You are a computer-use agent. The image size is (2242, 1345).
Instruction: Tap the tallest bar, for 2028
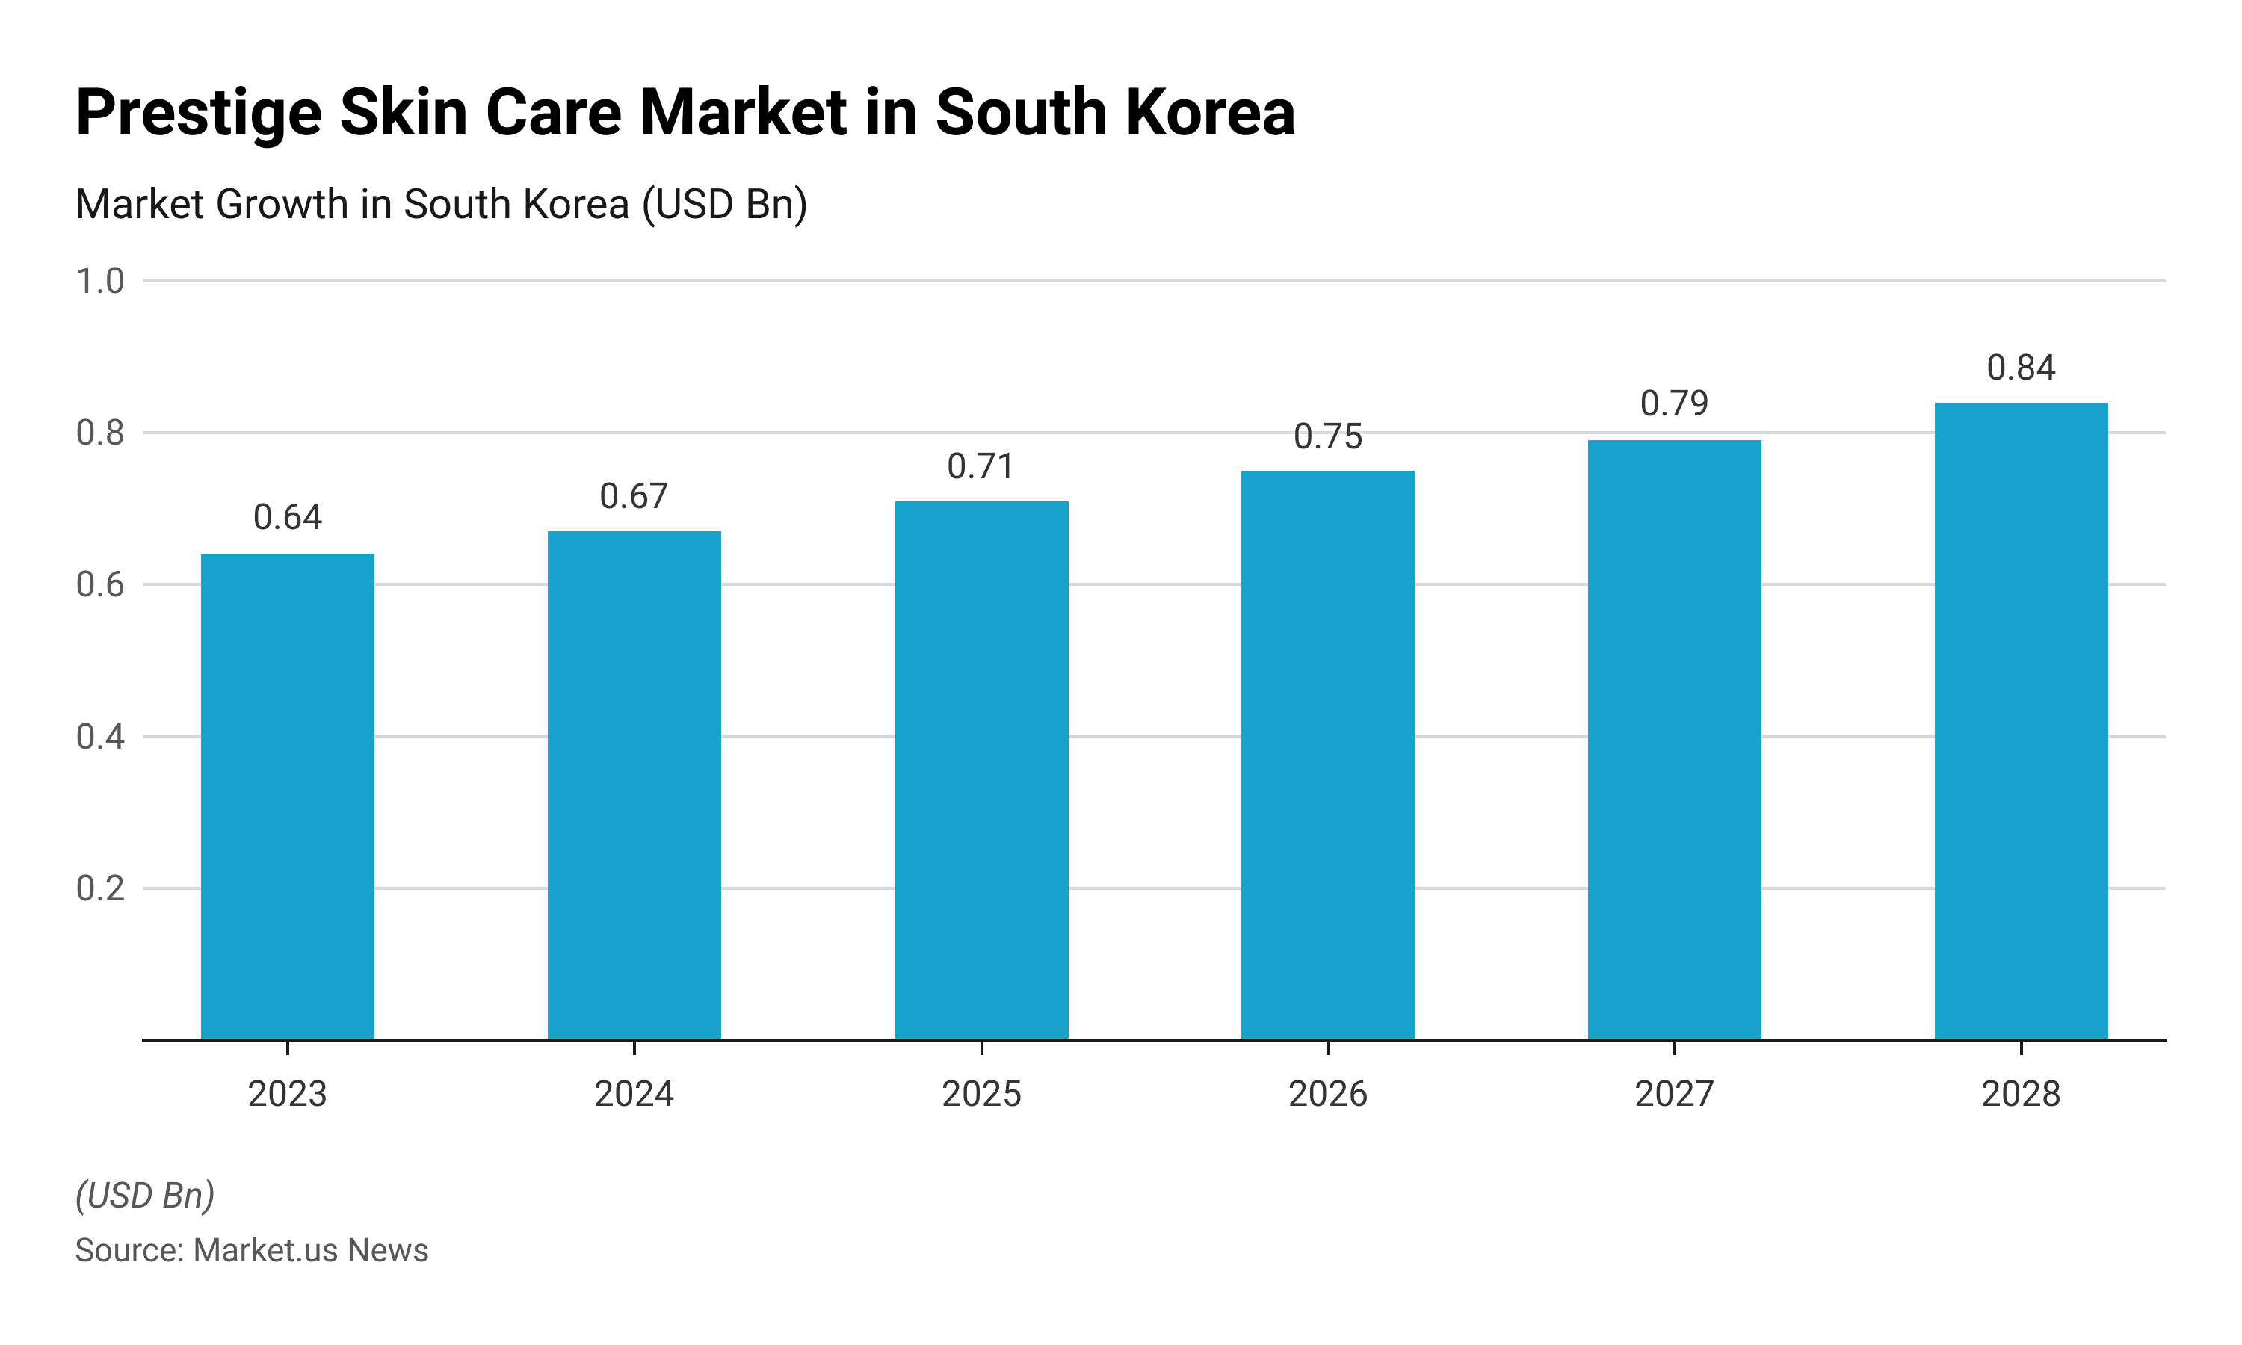(2021, 720)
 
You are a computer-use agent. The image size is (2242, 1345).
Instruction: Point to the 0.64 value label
(287, 518)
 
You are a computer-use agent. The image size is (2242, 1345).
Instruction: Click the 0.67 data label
(634, 497)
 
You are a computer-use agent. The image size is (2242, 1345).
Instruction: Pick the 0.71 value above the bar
(981, 467)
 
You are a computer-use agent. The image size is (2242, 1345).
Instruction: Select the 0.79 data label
(1674, 403)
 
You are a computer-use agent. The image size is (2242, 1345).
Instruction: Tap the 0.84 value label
(2021, 368)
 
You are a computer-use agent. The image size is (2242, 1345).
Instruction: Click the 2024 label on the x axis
(634, 1094)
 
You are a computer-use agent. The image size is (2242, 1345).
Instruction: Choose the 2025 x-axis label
(981, 1094)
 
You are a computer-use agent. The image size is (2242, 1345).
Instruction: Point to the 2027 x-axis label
(1674, 1094)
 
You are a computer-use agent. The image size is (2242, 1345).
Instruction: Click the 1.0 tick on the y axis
(99, 282)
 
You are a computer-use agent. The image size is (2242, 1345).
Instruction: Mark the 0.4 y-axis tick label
(99, 737)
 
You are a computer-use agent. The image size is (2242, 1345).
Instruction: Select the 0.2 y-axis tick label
(99, 889)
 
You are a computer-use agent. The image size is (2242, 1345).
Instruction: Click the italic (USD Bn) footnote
(145, 1196)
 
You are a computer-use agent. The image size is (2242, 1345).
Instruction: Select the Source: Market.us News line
(251, 1251)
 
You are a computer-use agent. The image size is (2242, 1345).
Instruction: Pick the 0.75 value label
(1327, 437)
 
